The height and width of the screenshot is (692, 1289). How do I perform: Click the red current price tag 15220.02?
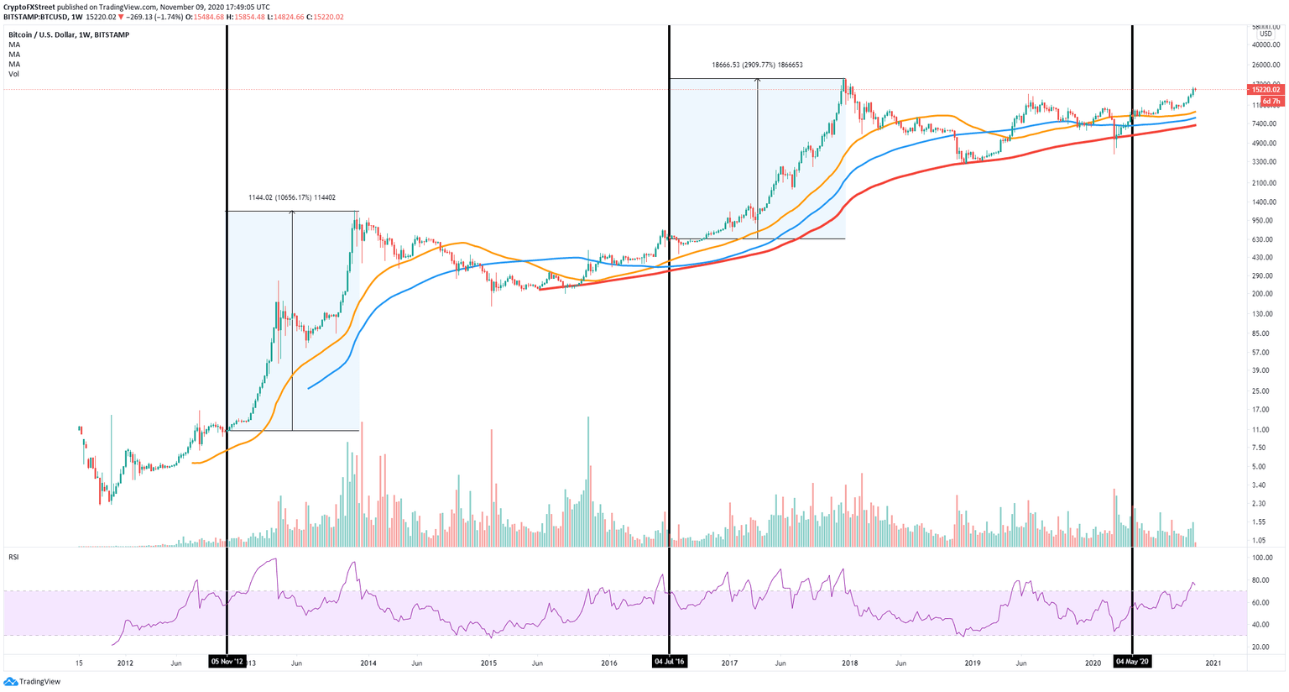[x=1265, y=89]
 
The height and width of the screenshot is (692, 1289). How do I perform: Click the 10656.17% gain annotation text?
[x=292, y=198]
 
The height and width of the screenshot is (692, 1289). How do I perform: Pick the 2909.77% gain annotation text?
[x=757, y=65]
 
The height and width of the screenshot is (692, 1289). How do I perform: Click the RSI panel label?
[x=14, y=556]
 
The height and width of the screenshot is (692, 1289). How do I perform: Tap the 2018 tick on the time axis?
[x=849, y=663]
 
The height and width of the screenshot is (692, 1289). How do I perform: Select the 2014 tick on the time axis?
[x=368, y=663]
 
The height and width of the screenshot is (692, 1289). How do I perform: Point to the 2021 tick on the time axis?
[x=1213, y=663]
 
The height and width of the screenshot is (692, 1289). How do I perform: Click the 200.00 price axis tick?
[x=1264, y=294]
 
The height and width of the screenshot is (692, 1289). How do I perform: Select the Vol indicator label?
[x=14, y=74]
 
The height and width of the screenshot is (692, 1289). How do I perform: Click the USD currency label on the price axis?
[x=1266, y=34]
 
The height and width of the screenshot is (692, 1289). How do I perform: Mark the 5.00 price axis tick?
[x=1260, y=467]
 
